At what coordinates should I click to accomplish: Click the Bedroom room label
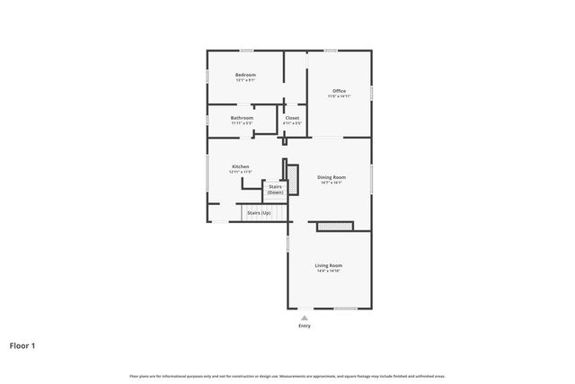245,75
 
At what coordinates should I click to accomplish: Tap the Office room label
339,91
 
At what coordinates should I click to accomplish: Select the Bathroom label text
242,118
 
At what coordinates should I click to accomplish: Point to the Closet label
292,118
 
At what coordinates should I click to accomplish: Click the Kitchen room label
240,166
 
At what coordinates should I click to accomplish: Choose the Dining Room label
332,177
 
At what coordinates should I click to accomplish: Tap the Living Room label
328,265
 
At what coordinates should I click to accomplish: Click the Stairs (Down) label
275,190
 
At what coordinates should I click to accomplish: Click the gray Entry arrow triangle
305,317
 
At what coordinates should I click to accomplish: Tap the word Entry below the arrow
305,326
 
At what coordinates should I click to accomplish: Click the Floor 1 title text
23,344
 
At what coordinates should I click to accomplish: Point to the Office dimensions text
339,96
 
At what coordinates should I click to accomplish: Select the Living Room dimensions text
328,271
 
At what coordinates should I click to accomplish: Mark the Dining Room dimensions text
332,183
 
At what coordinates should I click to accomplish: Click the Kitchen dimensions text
240,172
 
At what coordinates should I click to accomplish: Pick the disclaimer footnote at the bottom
287,376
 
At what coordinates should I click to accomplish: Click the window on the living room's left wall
287,243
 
